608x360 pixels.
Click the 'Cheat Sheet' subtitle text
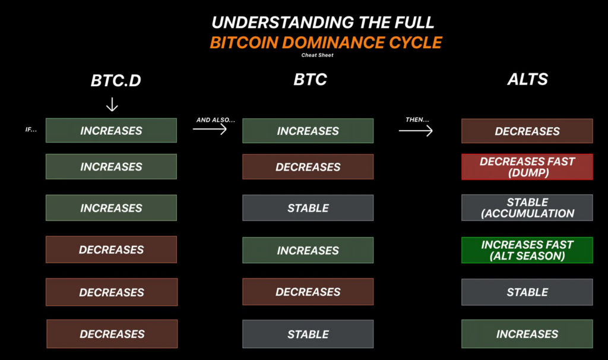pos(317,55)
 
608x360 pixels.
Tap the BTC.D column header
pos(116,80)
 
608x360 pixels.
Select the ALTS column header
pos(527,79)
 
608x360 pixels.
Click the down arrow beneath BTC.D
pos(112,105)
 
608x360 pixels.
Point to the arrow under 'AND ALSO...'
pos(210,129)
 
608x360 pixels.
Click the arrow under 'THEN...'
pos(415,131)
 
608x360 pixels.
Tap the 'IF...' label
pos(31,130)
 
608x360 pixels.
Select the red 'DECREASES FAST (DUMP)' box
pos(527,167)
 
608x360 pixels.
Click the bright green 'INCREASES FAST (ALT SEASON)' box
pos(527,250)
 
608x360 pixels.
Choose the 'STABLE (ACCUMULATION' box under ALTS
pos(527,207)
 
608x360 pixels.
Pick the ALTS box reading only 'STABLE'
pos(527,292)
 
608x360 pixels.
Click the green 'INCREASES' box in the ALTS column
pos(527,334)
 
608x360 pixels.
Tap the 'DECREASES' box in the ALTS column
pos(527,131)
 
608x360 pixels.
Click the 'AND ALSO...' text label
pos(216,120)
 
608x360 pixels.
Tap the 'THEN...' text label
pos(417,119)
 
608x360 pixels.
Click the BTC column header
pos(310,79)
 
